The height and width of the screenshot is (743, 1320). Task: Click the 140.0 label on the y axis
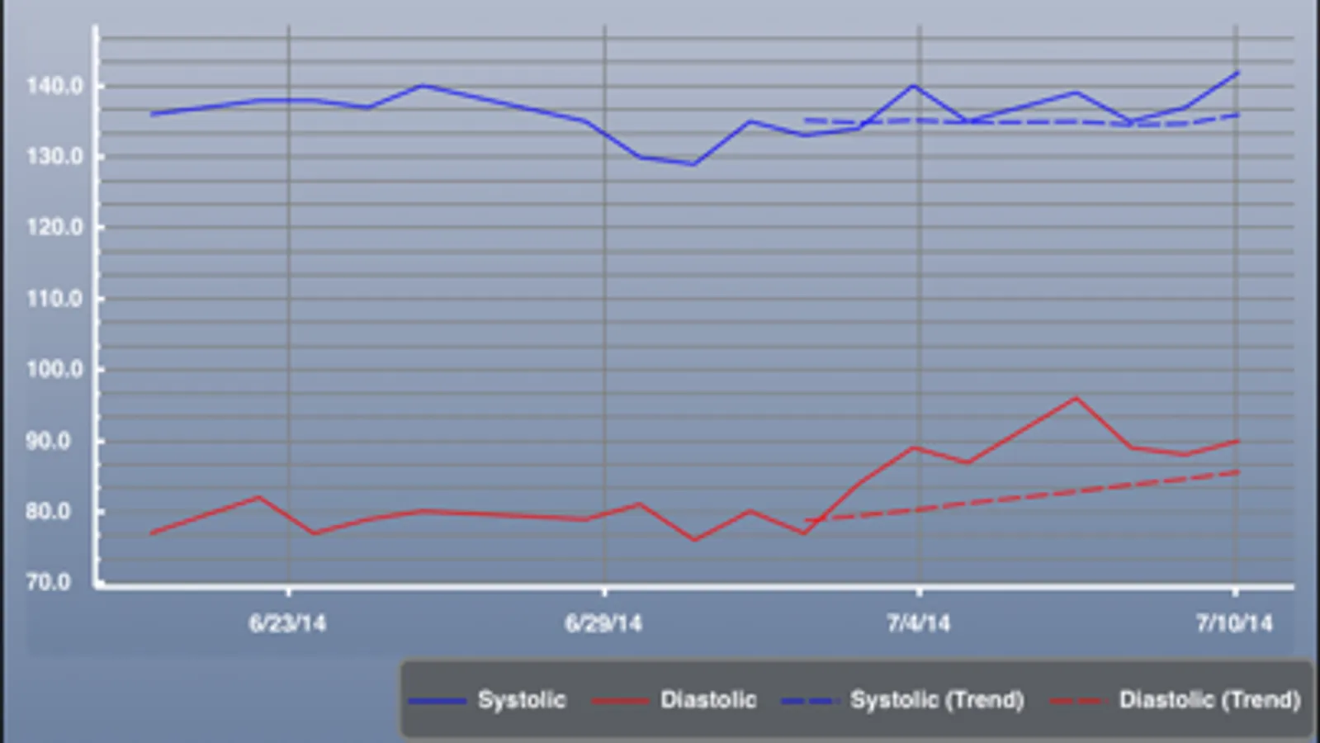pyautogui.click(x=54, y=86)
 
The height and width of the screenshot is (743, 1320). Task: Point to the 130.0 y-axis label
pyautogui.click(x=54, y=156)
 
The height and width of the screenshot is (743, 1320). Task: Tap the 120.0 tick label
pyautogui.click(x=54, y=227)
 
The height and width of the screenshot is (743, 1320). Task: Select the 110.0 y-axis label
pyautogui.click(x=54, y=298)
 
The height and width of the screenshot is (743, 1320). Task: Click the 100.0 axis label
pyautogui.click(x=54, y=369)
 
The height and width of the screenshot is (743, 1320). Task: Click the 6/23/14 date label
pyautogui.click(x=287, y=622)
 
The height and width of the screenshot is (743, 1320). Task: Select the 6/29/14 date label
pyautogui.click(x=603, y=622)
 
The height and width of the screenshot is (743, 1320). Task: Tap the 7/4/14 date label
pyautogui.click(x=919, y=622)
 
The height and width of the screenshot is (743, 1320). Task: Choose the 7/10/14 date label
pyautogui.click(x=1235, y=622)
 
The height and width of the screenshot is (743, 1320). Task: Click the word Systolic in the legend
pyautogui.click(x=522, y=700)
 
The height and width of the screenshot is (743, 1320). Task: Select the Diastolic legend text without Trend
pyautogui.click(x=708, y=700)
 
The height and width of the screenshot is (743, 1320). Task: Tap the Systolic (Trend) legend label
pyautogui.click(x=937, y=700)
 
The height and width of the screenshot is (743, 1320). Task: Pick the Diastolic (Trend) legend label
pyautogui.click(x=1209, y=700)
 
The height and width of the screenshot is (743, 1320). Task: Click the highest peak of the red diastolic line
pyautogui.click(x=1076, y=398)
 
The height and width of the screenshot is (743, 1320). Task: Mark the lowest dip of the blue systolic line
pyautogui.click(x=693, y=164)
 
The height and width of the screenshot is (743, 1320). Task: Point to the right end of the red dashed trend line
pyautogui.click(x=1238, y=472)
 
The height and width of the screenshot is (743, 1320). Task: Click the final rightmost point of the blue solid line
pyautogui.click(x=1238, y=73)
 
